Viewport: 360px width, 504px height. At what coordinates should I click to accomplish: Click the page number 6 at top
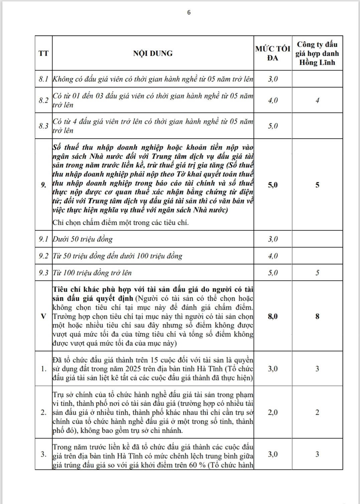(x=189, y=12)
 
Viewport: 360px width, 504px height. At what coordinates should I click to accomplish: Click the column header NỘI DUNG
(x=153, y=53)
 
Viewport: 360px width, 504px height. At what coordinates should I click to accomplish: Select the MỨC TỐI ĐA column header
(x=273, y=53)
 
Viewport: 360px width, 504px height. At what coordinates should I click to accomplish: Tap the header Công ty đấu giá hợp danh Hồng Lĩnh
(x=317, y=53)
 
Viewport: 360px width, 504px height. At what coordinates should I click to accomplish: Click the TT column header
(x=43, y=53)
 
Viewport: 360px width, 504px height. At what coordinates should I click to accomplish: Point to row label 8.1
(x=43, y=79)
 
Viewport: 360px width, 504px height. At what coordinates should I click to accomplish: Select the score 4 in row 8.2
(x=317, y=100)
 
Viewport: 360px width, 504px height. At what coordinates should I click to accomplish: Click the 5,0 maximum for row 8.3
(x=273, y=126)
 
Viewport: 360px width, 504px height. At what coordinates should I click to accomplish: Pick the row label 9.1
(x=43, y=239)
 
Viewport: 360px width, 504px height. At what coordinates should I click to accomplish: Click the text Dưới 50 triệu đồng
(x=83, y=239)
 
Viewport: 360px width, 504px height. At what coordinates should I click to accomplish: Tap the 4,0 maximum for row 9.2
(x=273, y=256)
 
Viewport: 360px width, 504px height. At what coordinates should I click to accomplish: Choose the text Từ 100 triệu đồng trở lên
(x=92, y=273)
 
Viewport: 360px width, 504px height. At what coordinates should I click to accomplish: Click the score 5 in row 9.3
(x=317, y=273)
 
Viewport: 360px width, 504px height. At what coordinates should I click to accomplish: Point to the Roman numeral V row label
(x=43, y=316)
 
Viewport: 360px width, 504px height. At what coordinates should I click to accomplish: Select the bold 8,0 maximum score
(x=273, y=316)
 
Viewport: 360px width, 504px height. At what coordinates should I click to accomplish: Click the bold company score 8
(x=317, y=316)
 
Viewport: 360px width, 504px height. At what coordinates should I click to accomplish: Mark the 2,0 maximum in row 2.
(x=273, y=412)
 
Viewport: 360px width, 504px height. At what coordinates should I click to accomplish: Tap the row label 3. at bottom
(x=43, y=454)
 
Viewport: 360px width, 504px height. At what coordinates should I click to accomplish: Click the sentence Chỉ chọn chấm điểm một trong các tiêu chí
(x=121, y=223)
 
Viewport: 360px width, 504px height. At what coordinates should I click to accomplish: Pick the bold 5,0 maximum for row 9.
(x=273, y=185)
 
